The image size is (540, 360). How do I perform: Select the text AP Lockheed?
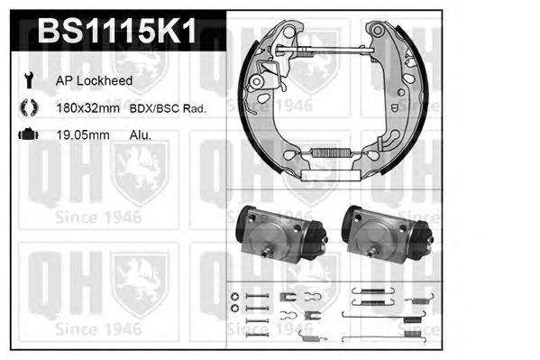[94, 81]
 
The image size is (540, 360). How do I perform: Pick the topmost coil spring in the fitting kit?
[367, 292]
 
